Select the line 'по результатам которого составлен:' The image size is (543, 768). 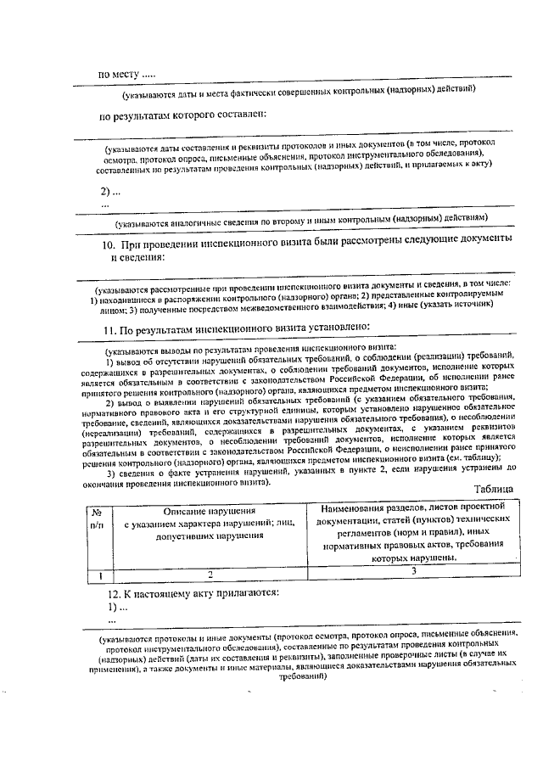click(x=182, y=115)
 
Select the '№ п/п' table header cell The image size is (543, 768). click(x=98, y=519)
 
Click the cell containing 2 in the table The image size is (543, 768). click(x=210, y=575)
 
